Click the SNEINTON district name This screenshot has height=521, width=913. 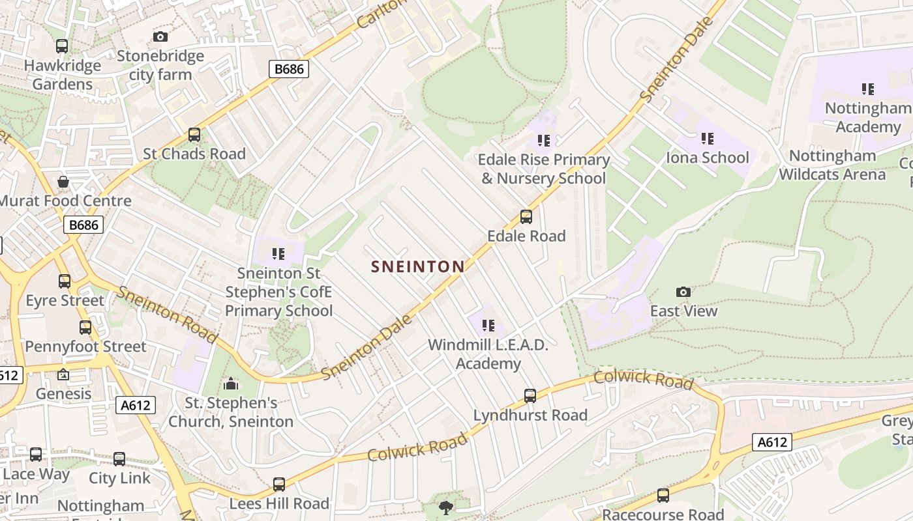tap(417, 266)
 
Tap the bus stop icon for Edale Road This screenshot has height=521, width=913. tap(526, 217)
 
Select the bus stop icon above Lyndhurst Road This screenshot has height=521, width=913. tap(530, 395)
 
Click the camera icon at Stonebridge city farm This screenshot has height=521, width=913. tap(160, 36)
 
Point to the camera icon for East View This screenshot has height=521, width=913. tap(683, 292)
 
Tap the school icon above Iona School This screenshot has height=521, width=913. tap(708, 139)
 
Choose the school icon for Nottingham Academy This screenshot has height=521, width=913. tap(867, 89)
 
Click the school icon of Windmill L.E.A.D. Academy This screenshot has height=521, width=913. tap(488, 325)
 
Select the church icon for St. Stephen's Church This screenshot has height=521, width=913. tap(230, 384)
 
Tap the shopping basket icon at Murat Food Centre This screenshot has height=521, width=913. tap(63, 182)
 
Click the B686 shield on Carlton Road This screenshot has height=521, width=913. tap(288, 68)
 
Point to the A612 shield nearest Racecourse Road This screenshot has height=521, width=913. tap(772, 442)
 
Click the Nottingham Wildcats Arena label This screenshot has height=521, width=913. tap(832, 165)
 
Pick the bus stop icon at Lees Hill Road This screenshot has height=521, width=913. tap(279, 485)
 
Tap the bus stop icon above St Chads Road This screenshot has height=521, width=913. tap(194, 135)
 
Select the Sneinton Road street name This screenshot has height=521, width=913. tap(167, 314)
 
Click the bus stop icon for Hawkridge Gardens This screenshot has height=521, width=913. tap(62, 46)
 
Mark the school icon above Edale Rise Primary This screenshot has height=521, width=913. tap(544, 140)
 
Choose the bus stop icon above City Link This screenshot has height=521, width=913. tap(119, 458)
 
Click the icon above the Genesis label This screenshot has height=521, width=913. tap(63, 374)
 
